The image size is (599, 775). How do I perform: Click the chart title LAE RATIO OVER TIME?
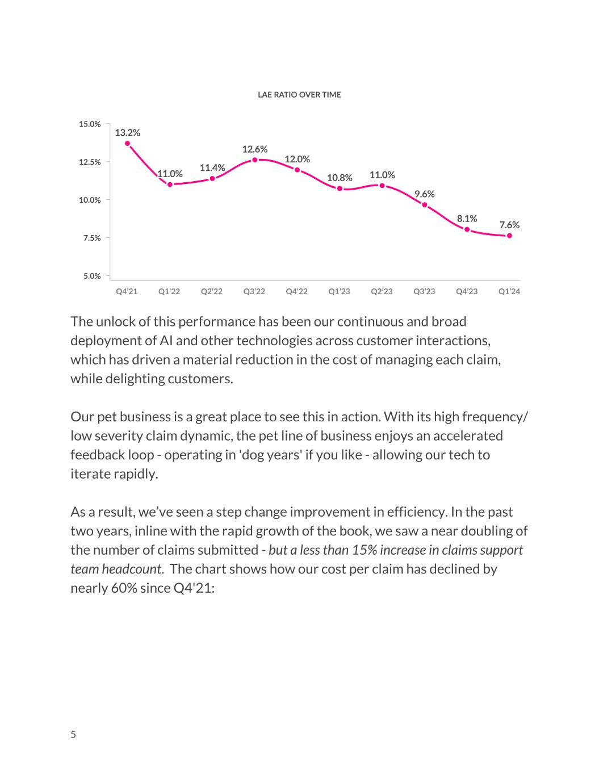coord(299,95)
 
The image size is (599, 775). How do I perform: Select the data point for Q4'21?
coord(127,144)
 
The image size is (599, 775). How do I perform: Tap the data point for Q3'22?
coord(255,160)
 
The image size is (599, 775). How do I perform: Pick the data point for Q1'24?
coord(509,236)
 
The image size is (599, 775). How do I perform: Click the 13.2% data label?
coord(127,133)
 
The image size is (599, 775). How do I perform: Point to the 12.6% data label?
coord(255,149)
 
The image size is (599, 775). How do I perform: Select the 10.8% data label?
coord(340,178)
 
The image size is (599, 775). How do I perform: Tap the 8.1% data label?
coord(467,219)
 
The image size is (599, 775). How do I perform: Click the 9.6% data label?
coord(424,194)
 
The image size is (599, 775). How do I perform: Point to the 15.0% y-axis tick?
coord(90,124)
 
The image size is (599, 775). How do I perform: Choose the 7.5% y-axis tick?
coord(91,238)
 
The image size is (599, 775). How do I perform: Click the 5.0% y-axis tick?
coord(91,277)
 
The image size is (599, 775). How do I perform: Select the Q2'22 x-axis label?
coord(212,292)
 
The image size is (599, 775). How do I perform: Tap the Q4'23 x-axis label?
coord(467,292)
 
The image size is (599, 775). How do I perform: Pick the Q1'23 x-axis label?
coord(340,292)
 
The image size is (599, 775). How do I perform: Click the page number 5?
coord(73,735)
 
